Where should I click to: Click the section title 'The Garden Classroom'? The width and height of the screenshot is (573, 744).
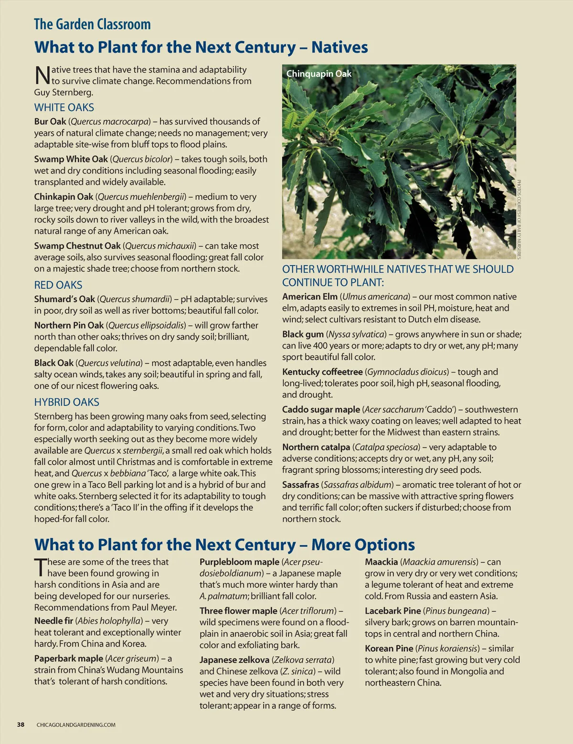pyautogui.click(x=92, y=24)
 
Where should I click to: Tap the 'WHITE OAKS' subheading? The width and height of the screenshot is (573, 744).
pyautogui.click(x=64, y=107)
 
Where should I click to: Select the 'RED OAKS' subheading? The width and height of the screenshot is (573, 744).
pyautogui.click(x=58, y=285)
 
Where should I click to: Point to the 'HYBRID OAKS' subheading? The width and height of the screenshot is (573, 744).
pyautogui.click(x=66, y=402)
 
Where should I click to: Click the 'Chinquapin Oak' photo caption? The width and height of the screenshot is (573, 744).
pyautogui.click(x=318, y=74)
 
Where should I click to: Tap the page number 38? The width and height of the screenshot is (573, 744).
pyautogui.click(x=21, y=724)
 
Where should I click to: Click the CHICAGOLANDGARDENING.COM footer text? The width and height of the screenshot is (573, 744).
pyautogui.click(x=76, y=725)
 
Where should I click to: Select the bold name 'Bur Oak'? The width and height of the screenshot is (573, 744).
pyautogui.click(x=50, y=121)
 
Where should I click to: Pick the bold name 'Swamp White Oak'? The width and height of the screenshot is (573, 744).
pyautogui.click(x=71, y=159)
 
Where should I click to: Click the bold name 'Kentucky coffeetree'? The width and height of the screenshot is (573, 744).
pyautogui.click(x=322, y=372)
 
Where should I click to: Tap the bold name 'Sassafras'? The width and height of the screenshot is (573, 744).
pyautogui.click(x=300, y=485)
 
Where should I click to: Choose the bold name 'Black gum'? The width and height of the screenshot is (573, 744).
pyautogui.click(x=303, y=334)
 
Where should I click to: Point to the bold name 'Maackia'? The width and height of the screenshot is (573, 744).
pyautogui.click(x=381, y=562)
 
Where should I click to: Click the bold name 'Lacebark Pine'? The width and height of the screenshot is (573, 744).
pyautogui.click(x=393, y=611)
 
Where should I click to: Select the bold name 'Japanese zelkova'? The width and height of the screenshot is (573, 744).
pyautogui.click(x=234, y=660)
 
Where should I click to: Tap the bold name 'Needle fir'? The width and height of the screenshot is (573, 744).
pyautogui.click(x=53, y=621)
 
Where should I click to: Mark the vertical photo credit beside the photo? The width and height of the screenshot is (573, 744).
pyautogui.click(x=519, y=219)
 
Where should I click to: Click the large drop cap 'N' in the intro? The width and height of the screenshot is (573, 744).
pyautogui.click(x=42, y=75)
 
